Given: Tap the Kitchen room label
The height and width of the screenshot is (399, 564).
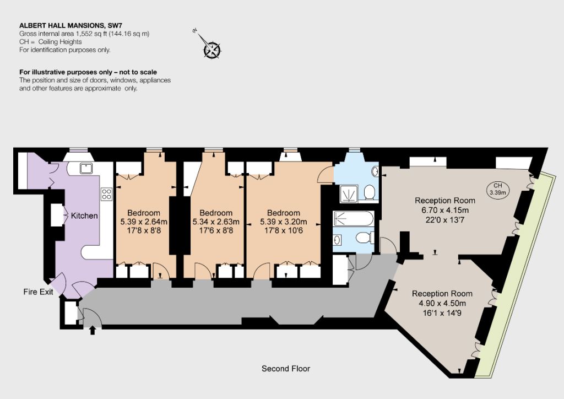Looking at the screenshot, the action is [x=84, y=215].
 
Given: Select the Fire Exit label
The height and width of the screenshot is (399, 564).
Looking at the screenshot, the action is [x=38, y=292].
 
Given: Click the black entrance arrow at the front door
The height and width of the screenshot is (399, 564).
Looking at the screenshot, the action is [x=93, y=330].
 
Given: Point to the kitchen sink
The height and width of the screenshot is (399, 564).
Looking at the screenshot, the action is [x=86, y=168].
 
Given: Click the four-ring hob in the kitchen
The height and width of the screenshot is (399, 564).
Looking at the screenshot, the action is [x=106, y=194].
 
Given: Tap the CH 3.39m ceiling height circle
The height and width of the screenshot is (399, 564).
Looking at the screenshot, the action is [x=497, y=189].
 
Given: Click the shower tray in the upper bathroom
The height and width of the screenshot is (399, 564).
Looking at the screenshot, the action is [x=348, y=193].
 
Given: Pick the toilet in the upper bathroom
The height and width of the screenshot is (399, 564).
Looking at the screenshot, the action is [x=370, y=192].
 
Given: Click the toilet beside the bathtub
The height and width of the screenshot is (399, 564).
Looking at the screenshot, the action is [x=365, y=238].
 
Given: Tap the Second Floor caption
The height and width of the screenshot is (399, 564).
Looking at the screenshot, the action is [x=286, y=369].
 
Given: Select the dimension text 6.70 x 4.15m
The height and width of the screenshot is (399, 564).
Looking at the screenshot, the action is [x=445, y=210].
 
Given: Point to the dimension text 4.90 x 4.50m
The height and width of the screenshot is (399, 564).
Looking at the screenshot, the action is [x=442, y=303].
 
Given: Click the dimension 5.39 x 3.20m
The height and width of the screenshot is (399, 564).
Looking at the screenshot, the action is [x=284, y=222].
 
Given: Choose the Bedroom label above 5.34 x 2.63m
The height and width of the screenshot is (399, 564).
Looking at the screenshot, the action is [x=216, y=213].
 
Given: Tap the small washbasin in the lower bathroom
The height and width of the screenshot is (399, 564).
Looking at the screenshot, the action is [x=338, y=239].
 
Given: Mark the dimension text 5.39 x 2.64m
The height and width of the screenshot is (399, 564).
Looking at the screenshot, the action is [x=144, y=222].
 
